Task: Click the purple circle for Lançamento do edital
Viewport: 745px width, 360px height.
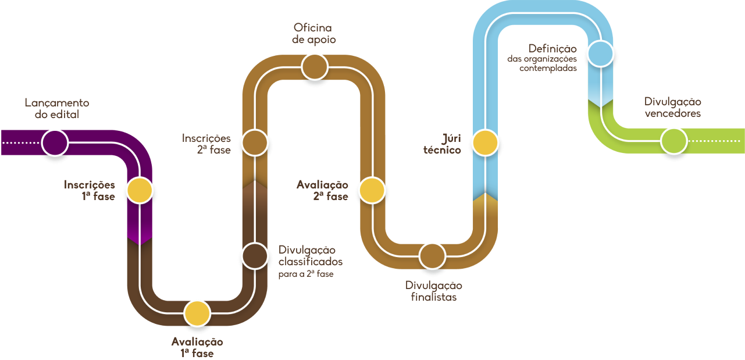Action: pos(55,142)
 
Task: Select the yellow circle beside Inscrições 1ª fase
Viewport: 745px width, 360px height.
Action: pos(140,190)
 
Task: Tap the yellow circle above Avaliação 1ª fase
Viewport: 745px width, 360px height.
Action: pos(197,314)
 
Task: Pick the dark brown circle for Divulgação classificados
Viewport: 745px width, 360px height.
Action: pos(254,256)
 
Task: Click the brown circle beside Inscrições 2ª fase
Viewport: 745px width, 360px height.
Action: pos(254,142)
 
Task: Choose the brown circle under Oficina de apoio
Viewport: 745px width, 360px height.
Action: pos(315,66)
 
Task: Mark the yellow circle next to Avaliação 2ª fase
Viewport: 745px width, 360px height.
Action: pos(371,191)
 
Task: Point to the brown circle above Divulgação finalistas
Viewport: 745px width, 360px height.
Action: pos(432,256)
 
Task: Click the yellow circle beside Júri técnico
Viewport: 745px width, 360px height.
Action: pos(485,143)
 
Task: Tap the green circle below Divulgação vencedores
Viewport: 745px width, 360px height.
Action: pos(673,141)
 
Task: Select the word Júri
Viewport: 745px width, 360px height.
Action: pos(451,138)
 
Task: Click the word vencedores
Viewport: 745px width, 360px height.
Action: pos(672,113)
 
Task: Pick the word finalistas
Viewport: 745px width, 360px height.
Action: pos(433,297)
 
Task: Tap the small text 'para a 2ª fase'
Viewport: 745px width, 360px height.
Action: pos(306,274)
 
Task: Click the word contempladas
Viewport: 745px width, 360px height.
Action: pos(548,68)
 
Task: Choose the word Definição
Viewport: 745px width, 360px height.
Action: pos(552,48)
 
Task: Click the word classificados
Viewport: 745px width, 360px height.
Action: pos(311,262)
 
